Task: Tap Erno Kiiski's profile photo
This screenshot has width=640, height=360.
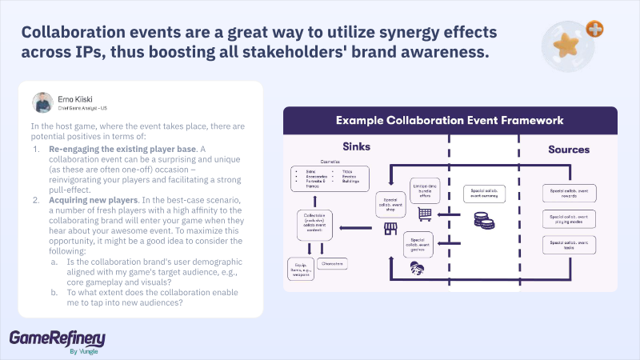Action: pyautogui.click(x=42, y=102)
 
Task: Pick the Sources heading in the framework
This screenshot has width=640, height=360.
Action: pyautogui.click(x=569, y=149)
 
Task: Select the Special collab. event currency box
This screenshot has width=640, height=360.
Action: pyautogui.click(x=485, y=194)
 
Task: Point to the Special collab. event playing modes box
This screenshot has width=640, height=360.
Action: pyautogui.click(x=569, y=219)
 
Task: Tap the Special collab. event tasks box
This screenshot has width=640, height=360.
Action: pyautogui.click(x=569, y=245)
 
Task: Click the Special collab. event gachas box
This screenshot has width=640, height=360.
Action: pyautogui.click(x=418, y=242)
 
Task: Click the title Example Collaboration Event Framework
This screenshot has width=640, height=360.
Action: pyautogui.click(x=450, y=120)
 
